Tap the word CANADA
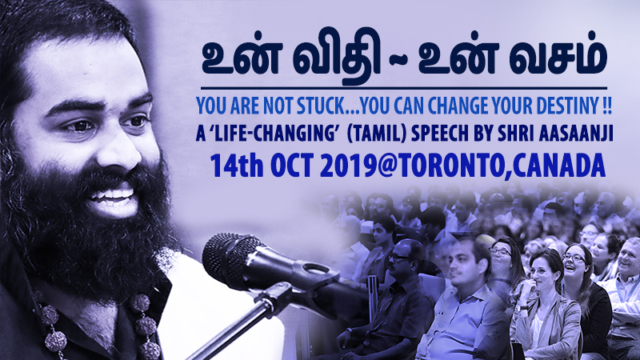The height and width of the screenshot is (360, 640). [x=558, y=166]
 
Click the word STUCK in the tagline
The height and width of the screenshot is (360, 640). [x=321, y=106]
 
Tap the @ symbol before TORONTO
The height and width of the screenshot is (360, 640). [x=387, y=166]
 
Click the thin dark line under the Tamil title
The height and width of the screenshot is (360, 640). [x=404, y=88]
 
